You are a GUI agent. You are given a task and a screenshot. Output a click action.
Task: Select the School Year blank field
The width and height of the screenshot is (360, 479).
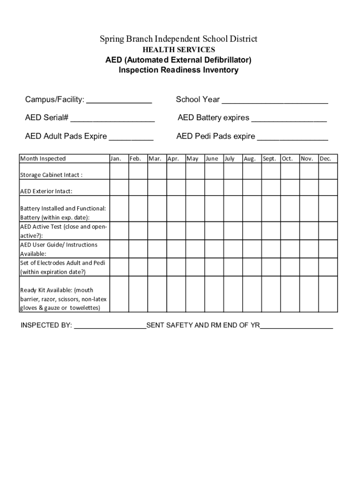[x=274, y=100]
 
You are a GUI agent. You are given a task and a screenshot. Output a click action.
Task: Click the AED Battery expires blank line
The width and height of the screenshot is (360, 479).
[x=288, y=118]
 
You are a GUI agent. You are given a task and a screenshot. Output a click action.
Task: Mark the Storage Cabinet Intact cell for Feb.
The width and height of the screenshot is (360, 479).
[x=138, y=172]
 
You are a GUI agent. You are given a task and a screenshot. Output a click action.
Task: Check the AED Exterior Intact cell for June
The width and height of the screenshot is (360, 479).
[x=214, y=188]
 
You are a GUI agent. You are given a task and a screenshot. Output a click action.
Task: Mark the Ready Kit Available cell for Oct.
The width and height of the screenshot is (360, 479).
[x=290, y=294]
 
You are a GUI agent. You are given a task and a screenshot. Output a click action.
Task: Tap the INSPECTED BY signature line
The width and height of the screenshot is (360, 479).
[x=110, y=326]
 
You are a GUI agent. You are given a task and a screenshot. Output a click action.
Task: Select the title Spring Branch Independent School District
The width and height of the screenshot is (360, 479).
[x=179, y=39]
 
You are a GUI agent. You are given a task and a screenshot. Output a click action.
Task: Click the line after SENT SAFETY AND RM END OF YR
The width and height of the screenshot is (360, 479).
[x=296, y=326]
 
